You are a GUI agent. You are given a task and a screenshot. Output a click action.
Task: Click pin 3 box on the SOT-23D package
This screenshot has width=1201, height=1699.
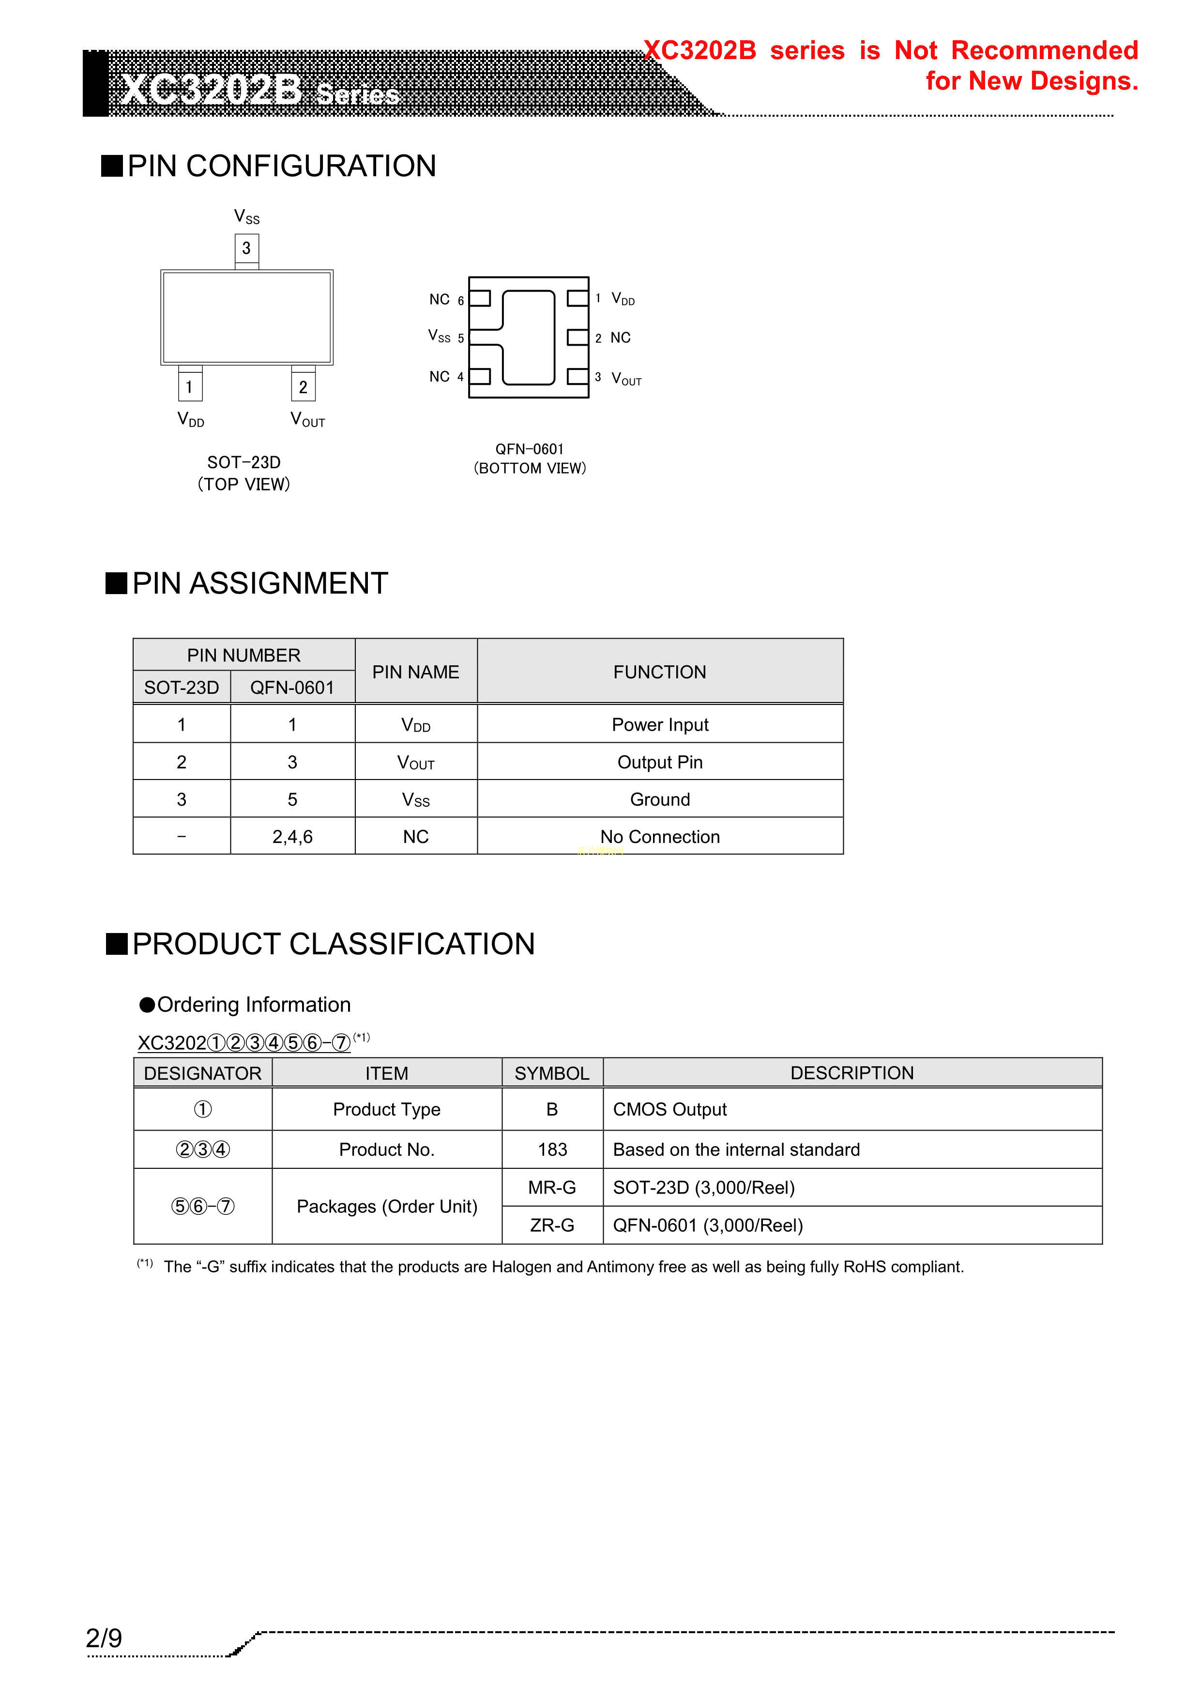246,248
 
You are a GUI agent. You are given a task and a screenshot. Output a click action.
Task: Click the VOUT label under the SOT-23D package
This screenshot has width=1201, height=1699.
307,420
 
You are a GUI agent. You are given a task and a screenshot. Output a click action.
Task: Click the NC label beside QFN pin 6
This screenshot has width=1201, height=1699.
440,299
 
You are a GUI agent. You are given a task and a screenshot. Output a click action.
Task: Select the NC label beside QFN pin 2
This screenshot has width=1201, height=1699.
620,337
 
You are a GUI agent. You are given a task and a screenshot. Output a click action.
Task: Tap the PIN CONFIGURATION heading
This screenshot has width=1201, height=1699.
281,166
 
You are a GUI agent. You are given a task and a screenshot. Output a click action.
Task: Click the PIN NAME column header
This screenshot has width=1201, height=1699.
415,672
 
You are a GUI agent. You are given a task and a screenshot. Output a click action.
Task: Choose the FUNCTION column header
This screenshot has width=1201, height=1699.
659,672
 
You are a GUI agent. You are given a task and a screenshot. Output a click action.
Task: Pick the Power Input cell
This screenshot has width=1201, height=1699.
659,724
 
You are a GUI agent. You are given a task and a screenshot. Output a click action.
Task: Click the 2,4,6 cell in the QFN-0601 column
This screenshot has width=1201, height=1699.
292,836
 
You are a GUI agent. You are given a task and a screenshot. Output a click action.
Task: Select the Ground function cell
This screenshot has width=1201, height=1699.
659,799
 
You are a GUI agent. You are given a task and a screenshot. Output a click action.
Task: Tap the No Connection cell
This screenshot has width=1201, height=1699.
659,836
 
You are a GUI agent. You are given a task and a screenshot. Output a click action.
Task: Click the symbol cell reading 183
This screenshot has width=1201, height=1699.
552,1149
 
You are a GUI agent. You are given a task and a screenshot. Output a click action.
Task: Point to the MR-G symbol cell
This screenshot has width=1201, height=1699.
552,1187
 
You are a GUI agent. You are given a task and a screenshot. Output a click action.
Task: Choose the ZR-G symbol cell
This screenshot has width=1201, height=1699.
552,1225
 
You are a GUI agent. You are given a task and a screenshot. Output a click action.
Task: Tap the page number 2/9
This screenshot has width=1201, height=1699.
104,1638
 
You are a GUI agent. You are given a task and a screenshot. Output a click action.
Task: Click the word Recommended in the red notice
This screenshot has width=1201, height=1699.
1044,50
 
